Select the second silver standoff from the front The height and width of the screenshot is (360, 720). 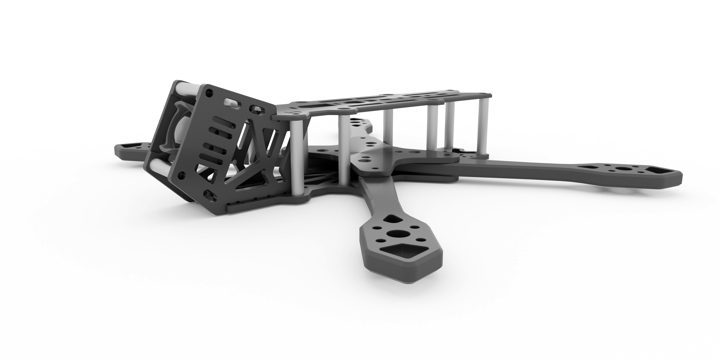344,151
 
